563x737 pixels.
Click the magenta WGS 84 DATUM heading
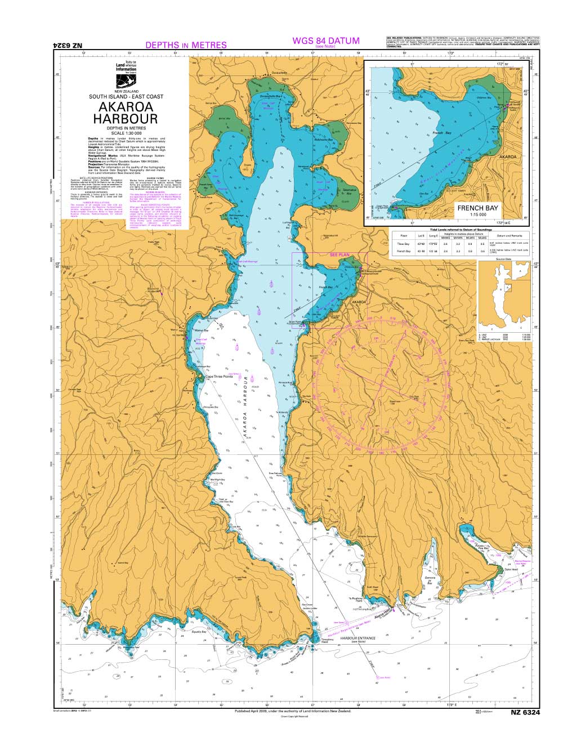coord(326,41)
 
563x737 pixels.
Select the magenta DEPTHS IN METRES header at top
coord(186,45)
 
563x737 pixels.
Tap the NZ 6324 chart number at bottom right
coord(525,713)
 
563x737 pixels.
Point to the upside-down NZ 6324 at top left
coord(68,45)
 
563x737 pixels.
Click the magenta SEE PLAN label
coord(339,255)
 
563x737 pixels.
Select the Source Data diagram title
coord(503,260)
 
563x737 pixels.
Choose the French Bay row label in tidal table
coord(403,251)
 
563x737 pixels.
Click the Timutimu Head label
coord(328,640)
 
